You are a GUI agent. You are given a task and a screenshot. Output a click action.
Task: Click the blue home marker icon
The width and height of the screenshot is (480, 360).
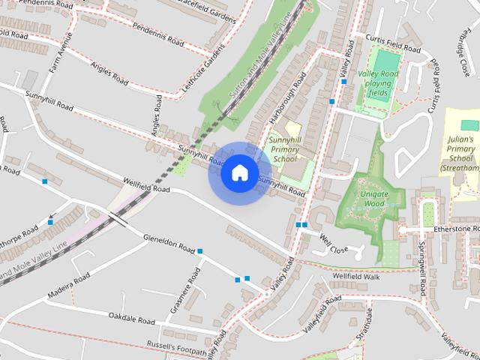(238, 172)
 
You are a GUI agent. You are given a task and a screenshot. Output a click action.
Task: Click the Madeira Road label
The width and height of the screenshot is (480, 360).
(70, 284)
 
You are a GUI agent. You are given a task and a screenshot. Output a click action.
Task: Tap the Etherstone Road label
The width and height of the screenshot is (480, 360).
(456, 228)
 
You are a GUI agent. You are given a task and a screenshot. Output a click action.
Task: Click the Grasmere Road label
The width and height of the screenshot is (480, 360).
(182, 297)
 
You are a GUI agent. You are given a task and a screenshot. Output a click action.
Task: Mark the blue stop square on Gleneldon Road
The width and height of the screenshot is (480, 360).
(199, 251)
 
